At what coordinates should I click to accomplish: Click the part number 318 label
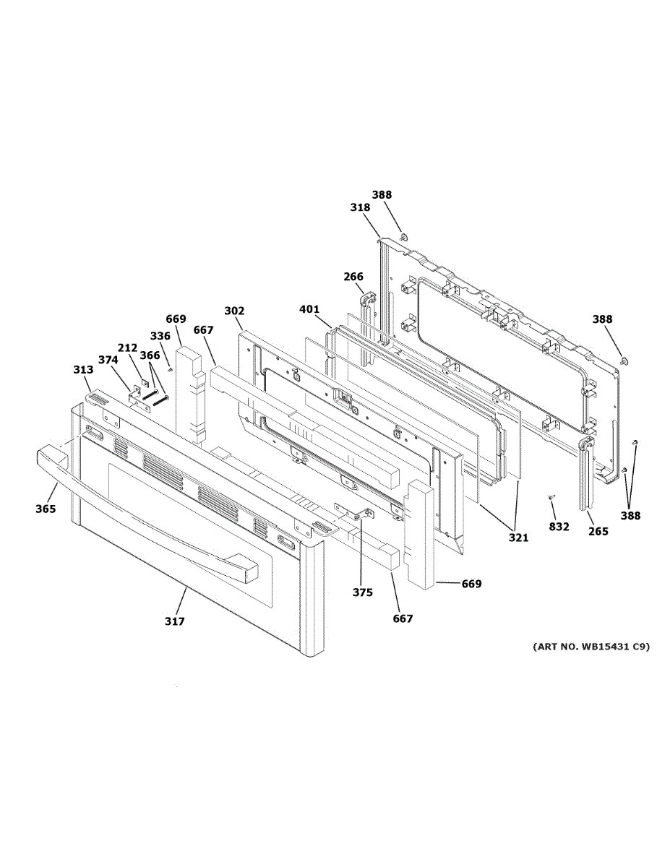click(360, 207)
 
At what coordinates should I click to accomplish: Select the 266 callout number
click(353, 276)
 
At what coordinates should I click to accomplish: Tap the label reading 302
click(234, 311)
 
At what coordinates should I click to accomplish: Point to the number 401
click(309, 310)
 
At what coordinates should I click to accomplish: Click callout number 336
click(160, 336)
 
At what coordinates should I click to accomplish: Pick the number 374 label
click(108, 360)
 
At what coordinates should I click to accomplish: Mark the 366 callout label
click(150, 355)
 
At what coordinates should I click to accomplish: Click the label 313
click(83, 370)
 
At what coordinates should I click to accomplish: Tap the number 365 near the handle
click(46, 509)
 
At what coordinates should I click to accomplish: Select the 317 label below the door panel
click(174, 621)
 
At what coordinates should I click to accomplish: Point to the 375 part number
click(363, 592)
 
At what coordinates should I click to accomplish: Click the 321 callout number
click(518, 538)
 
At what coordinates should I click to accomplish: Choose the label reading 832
click(559, 527)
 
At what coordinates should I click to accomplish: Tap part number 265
click(598, 532)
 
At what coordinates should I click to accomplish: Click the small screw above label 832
click(552, 497)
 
